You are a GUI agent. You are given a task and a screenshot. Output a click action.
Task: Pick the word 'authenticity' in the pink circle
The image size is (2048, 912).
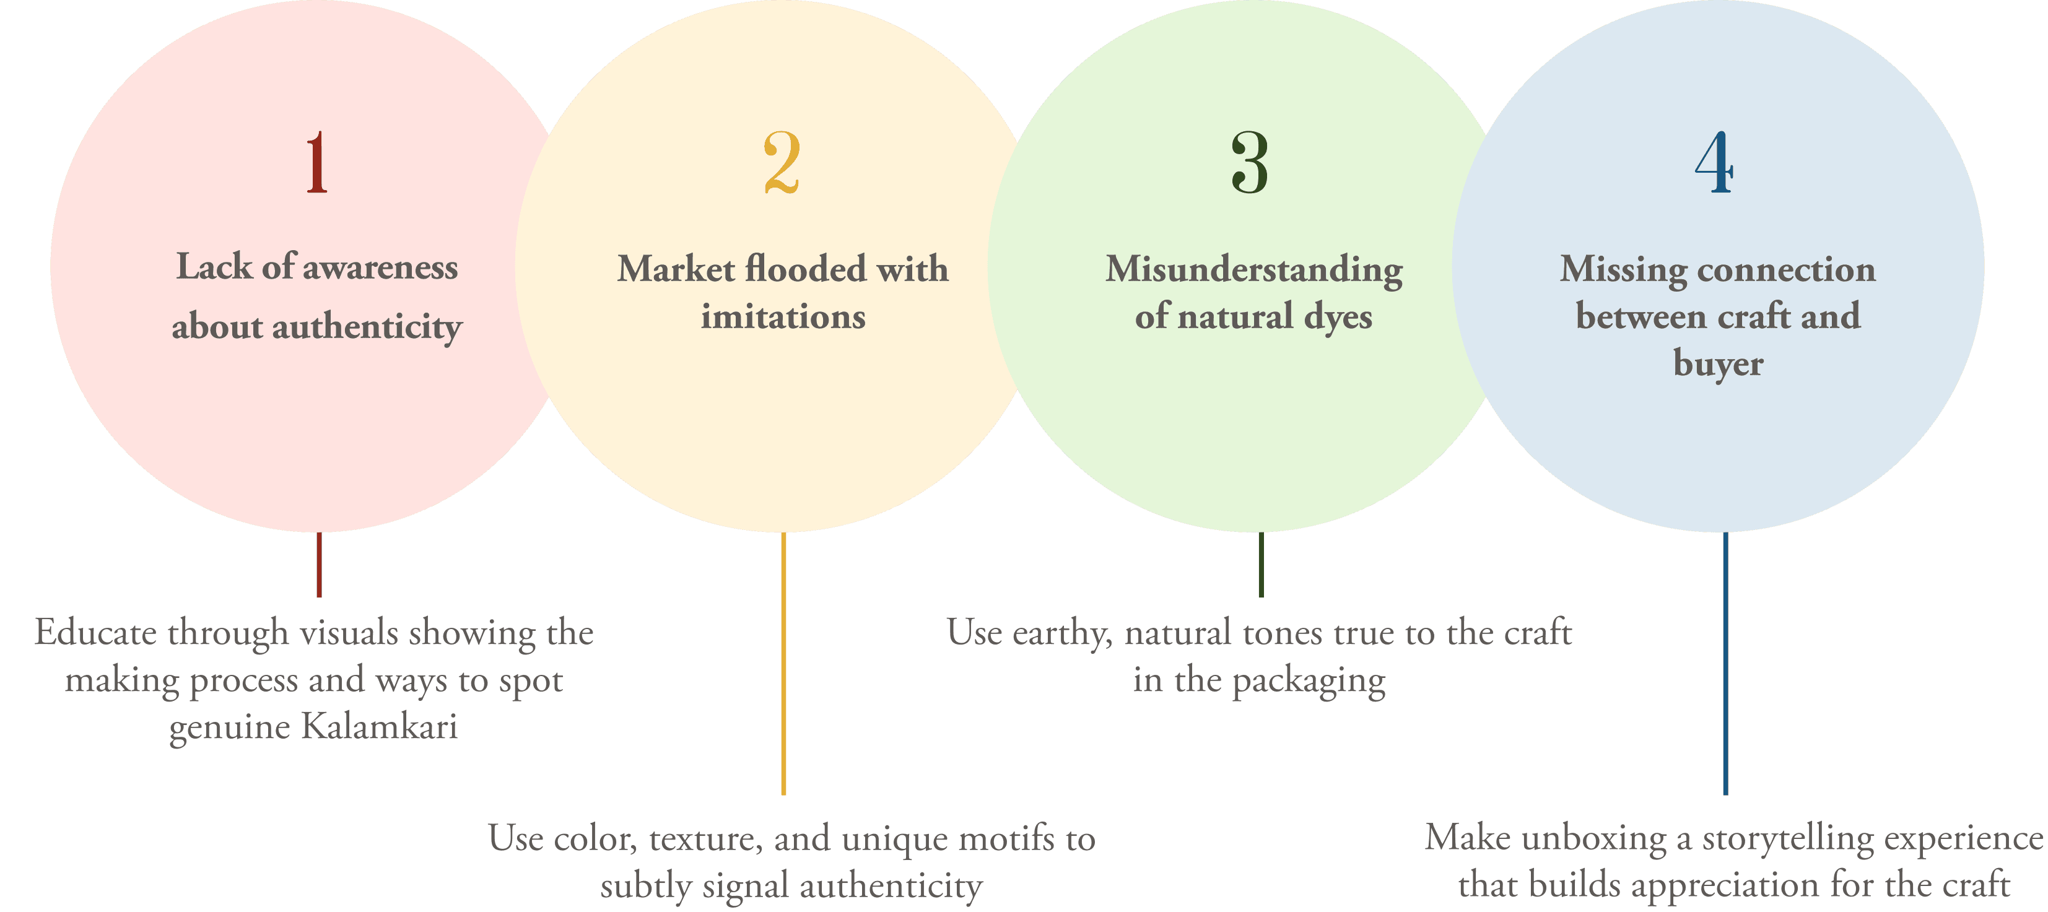(367, 327)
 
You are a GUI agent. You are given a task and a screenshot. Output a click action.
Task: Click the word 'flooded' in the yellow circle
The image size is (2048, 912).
(805, 269)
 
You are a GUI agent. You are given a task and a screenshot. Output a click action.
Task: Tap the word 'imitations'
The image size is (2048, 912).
(783, 317)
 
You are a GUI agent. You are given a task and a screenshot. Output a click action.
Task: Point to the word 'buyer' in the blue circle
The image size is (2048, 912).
(1718, 364)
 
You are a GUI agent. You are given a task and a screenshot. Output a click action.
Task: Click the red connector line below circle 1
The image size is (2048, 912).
(319, 564)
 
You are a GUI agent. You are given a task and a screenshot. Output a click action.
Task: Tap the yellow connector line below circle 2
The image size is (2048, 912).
(783, 663)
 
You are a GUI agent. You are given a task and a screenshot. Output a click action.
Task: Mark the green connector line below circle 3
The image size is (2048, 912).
(1261, 564)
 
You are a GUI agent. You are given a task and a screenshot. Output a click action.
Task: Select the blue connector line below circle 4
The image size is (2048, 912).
(1725, 663)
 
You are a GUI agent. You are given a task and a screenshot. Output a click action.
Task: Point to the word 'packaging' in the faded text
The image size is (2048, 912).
(1309, 682)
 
